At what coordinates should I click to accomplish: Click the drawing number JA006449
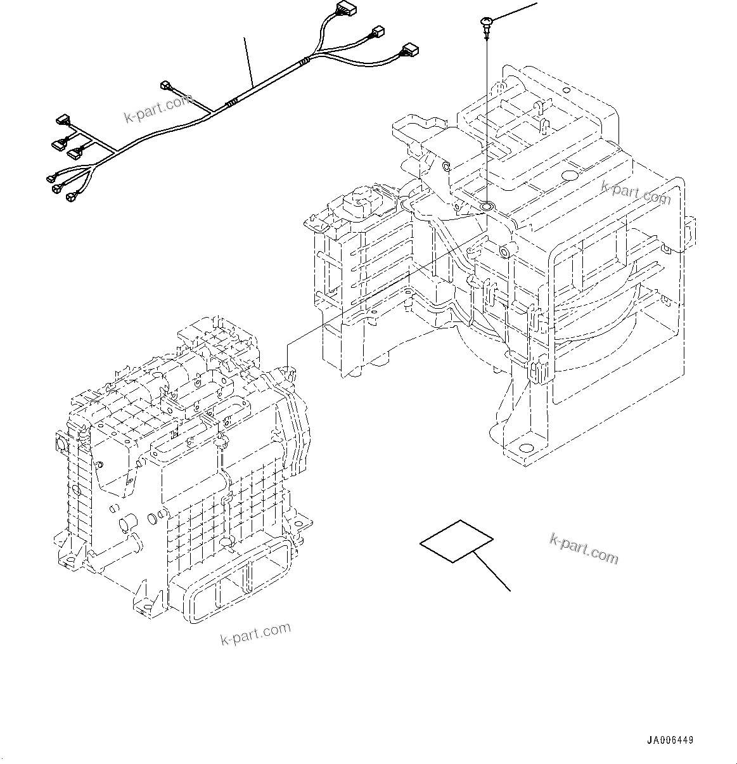670,741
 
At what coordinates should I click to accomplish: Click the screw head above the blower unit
485,24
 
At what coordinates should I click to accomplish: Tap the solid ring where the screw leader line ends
487,206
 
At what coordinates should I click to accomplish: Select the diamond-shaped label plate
456,541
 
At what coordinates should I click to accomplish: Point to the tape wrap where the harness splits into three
306,62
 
